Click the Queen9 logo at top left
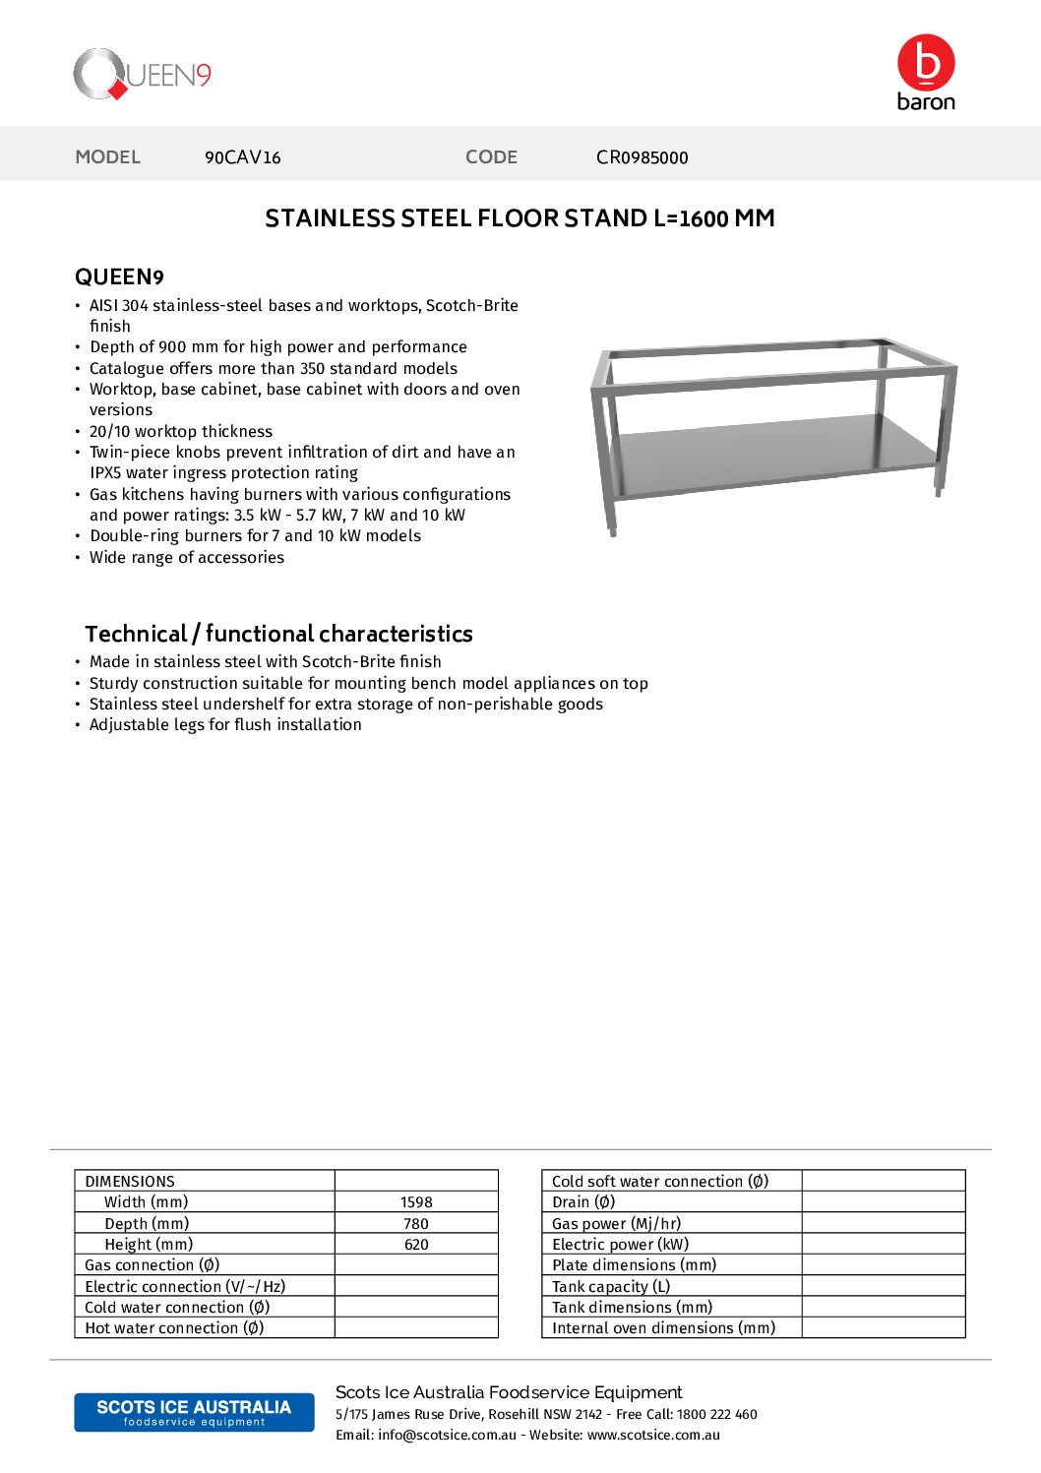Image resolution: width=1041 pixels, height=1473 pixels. pos(143,75)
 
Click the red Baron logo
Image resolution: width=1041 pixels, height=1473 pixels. pos(926,72)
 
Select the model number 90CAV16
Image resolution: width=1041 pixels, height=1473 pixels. pos(243,157)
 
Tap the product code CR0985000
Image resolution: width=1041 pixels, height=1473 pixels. pos(642,157)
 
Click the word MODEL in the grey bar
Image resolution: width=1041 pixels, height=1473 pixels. pos(108,157)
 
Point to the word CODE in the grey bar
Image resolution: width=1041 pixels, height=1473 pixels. pos(491,157)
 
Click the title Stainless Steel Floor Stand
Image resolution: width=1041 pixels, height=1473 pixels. pos(520,218)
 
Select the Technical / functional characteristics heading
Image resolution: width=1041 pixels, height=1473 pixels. pos(278,634)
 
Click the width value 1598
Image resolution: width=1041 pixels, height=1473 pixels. pos(416,1202)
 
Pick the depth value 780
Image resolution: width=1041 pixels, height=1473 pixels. pos(416,1224)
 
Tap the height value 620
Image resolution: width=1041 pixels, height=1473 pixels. pos(416,1245)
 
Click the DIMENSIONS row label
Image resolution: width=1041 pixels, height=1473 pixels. pos(130,1182)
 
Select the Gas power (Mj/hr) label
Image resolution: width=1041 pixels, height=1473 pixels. pos(616,1224)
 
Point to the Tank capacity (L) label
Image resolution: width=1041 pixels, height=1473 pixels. pos(611,1287)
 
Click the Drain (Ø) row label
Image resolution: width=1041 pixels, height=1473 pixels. pos(583,1202)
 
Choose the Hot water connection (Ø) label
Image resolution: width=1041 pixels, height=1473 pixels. pos(174,1328)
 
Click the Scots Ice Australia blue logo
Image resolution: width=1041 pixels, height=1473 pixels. pos(194,1412)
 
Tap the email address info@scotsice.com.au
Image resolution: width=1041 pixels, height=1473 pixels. pos(447,1435)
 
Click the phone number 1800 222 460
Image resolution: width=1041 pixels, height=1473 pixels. pos(717,1414)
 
